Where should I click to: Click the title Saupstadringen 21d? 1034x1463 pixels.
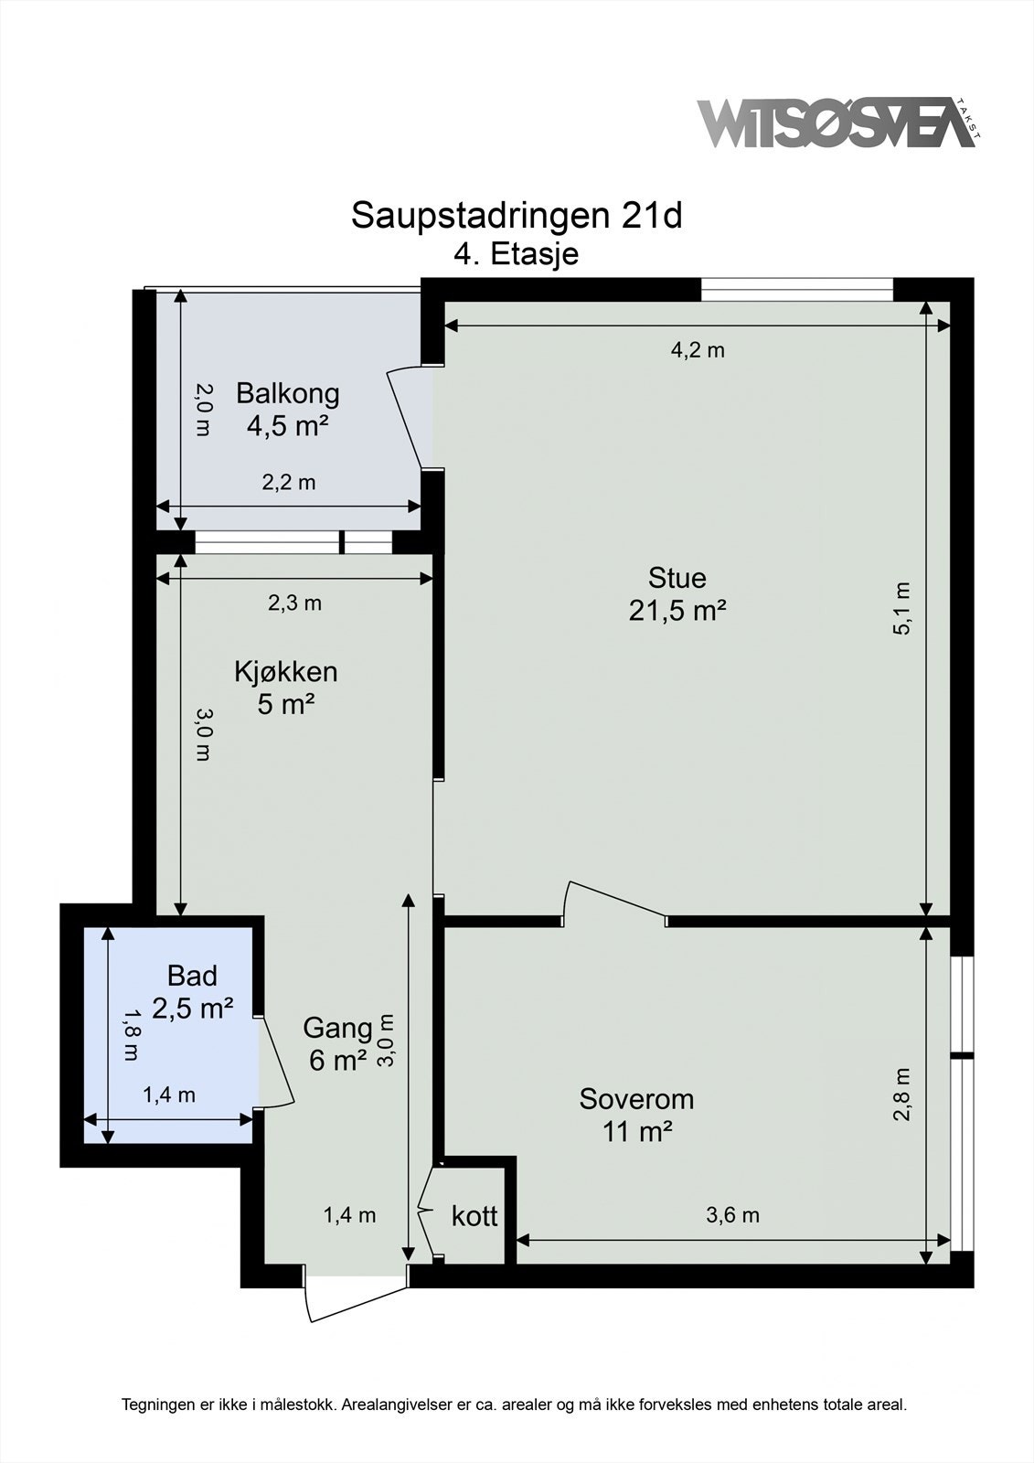click(x=517, y=216)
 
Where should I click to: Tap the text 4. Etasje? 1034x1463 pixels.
click(x=517, y=253)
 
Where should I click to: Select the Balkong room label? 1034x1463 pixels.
click(x=287, y=409)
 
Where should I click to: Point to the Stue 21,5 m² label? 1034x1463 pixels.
click(x=677, y=593)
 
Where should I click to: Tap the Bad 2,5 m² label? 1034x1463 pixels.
click(x=193, y=991)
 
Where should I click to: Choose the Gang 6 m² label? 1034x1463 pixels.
click(x=336, y=1043)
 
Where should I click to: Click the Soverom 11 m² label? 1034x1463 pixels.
click(x=636, y=1114)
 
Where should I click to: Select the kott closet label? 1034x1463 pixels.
click(x=474, y=1216)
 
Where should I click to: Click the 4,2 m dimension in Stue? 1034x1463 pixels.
click(x=698, y=350)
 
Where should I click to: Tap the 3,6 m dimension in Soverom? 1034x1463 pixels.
click(x=732, y=1215)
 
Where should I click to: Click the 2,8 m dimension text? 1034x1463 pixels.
click(x=902, y=1094)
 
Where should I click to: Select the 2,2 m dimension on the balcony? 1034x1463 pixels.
click(x=289, y=483)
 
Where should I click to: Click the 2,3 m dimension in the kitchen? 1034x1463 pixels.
click(x=294, y=603)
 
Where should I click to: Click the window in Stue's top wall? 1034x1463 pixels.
click(x=796, y=290)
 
